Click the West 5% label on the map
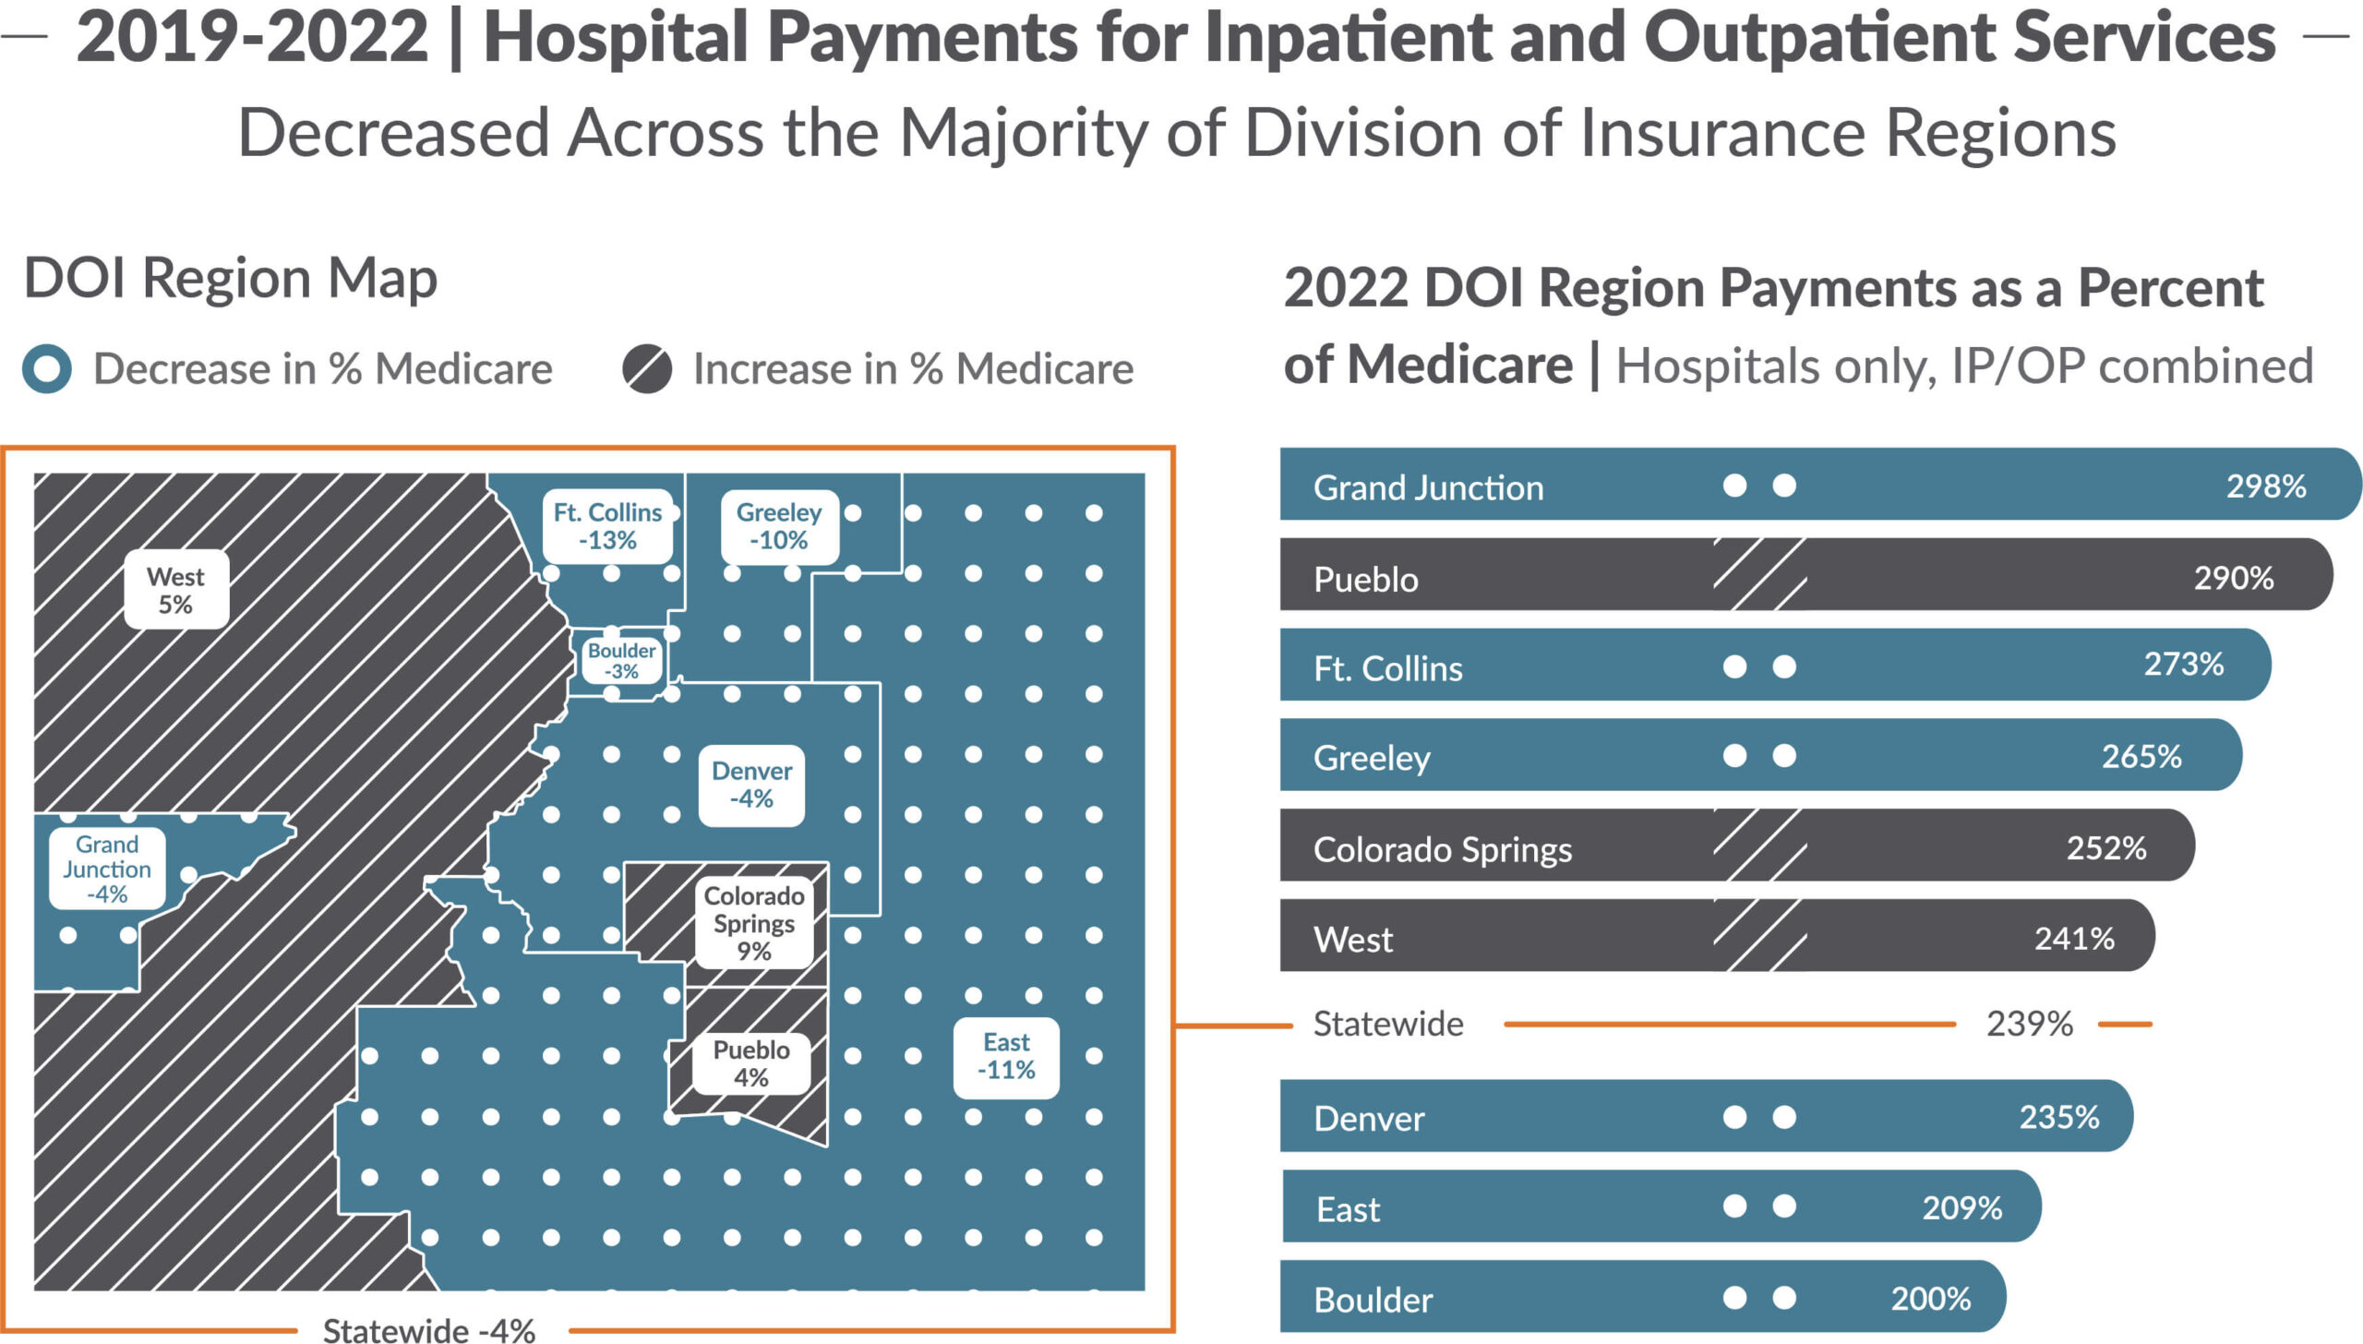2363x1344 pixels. [x=175, y=590]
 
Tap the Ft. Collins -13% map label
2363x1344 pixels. [x=607, y=526]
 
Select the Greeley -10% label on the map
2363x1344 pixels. [x=779, y=526]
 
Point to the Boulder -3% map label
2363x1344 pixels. [x=621, y=661]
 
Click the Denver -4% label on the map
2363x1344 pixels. [x=751, y=785]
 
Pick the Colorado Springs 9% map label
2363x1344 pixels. [x=754, y=923]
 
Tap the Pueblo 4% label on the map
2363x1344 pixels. [x=751, y=1063]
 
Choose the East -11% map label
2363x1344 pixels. [x=1006, y=1056]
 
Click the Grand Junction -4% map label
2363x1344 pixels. [x=107, y=869]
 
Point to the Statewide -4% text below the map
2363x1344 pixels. [x=429, y=1329]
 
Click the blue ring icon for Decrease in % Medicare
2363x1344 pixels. [x=47, y=368]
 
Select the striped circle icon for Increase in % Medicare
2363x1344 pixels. [x=646, y=368]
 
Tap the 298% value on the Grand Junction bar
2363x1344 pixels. [x=2266, y=486]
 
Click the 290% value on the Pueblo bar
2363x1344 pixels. [x=2234, y=578]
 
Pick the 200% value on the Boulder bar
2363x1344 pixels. [x=1931, y=1299]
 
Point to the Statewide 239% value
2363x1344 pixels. [x=2030, y=1024]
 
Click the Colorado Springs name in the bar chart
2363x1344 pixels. [x=1442, y=849]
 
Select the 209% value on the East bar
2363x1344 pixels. [x=1962, y=1207]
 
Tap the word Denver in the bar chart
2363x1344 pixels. [x=1369, y=1119]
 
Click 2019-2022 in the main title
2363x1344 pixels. [x=252, y=39]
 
